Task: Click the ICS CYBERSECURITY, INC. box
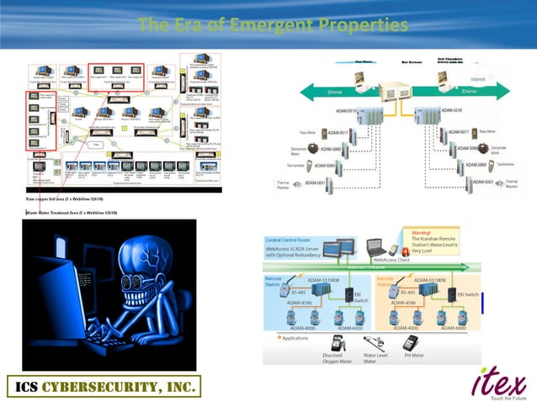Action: tap(104, 386)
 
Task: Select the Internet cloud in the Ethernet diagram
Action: tap(476, 78)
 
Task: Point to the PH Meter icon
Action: tap(411, 344)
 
